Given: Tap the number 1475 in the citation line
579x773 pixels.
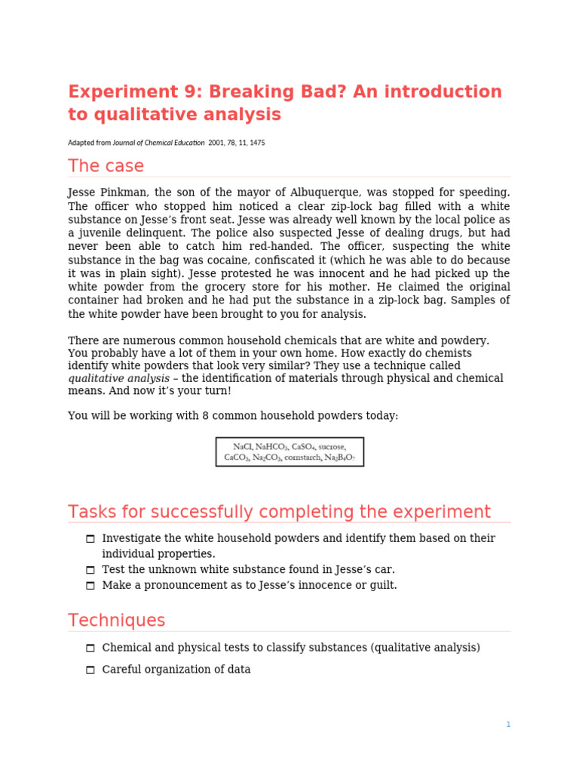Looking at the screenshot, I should coord(256,143).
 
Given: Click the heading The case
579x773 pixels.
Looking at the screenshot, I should coord(106,166).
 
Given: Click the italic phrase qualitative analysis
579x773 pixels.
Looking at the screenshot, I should coord(118,379).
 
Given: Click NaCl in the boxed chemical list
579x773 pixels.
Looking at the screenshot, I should coord(243,447).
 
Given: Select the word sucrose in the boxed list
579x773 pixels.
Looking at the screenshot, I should coord(329,447).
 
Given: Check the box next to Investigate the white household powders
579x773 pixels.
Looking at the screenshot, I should coord(90,539).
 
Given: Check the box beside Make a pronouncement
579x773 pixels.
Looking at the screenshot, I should coord(90,586).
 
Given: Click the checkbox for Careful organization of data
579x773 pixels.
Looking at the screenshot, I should coord(90,670).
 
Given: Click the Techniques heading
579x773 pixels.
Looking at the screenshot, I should coord(116,621).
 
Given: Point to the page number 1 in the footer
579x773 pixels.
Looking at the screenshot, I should coord(508,725).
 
